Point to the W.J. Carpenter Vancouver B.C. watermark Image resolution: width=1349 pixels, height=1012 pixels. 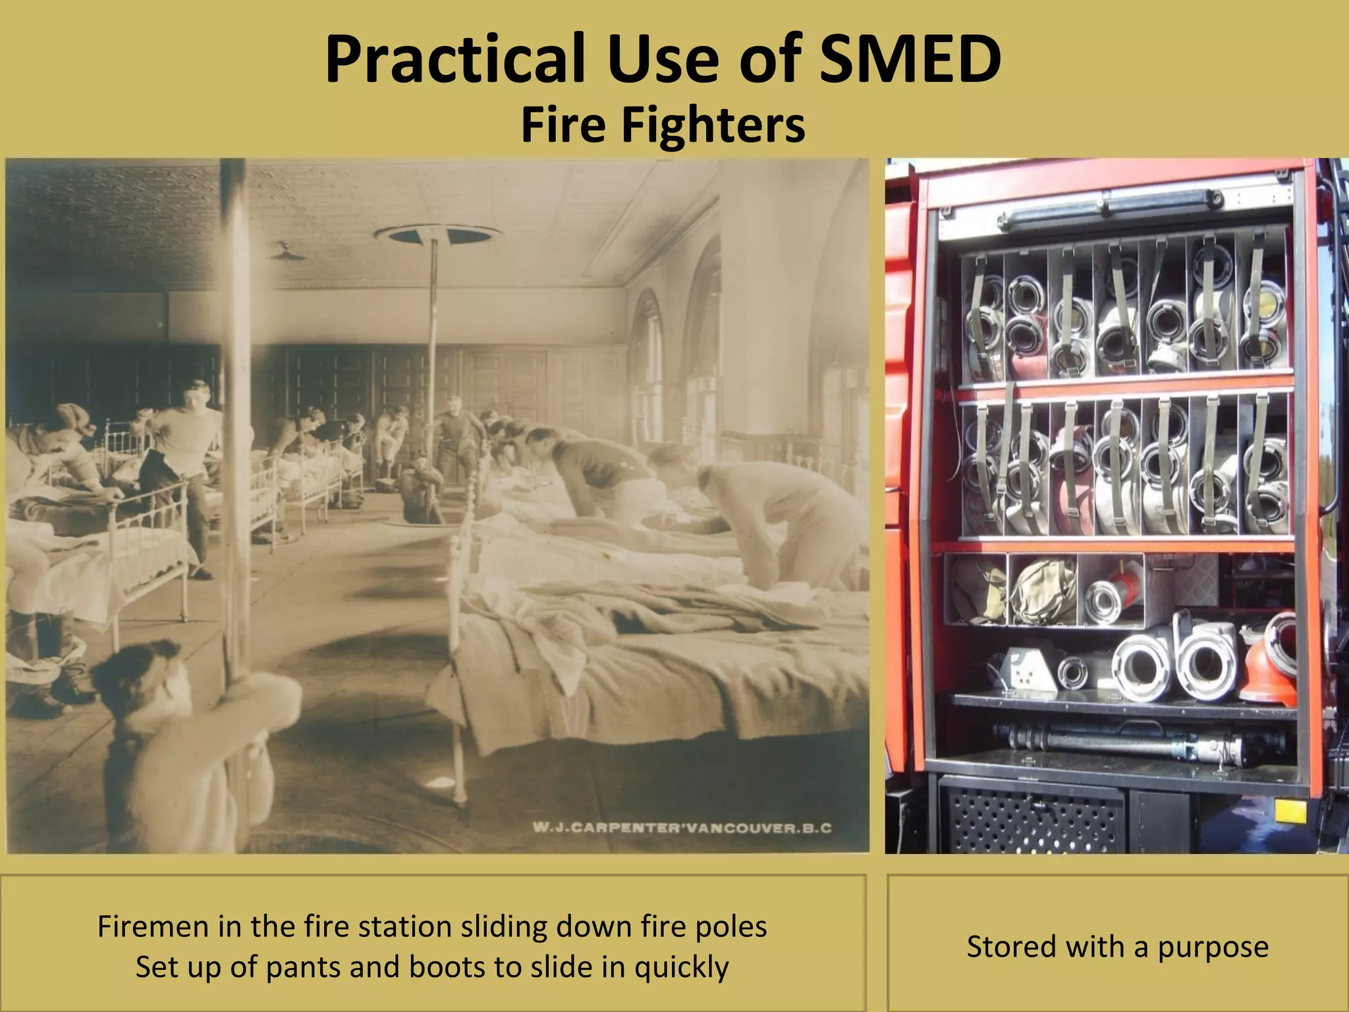pyautogui.click(x=682, y=828)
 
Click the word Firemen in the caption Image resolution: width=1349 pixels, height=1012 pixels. pyautogui.click(x=153, y=926)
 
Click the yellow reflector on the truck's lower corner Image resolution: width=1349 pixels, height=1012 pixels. pyautogui.click(x=1290, y=810)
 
